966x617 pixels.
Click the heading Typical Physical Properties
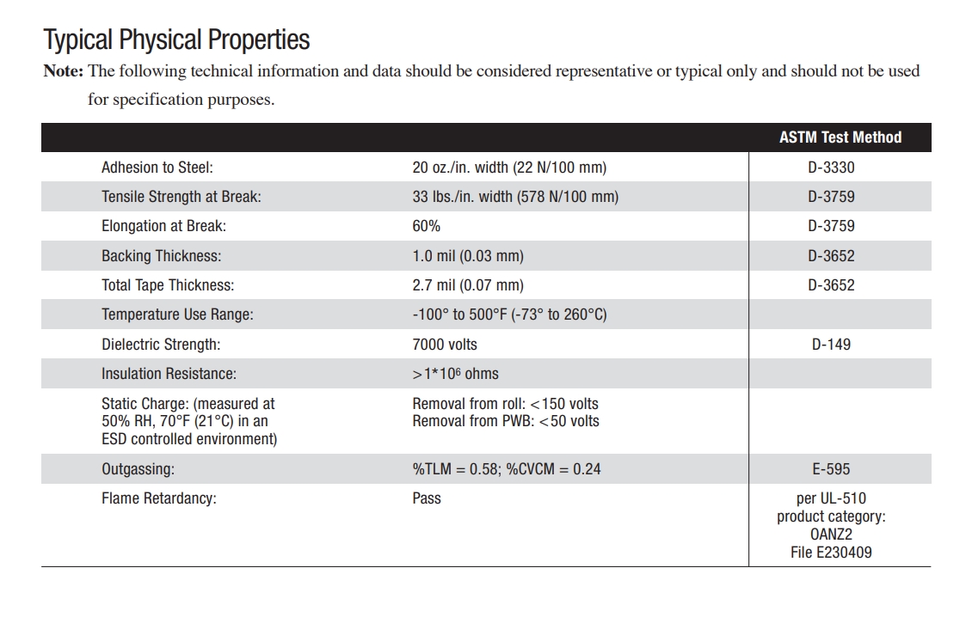coord(176,40)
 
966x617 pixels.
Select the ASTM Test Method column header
coord(840,137)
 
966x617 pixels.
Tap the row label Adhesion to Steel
coord(157,168)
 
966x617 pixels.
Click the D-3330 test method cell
coord(831,168)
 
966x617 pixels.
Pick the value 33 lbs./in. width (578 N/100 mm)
coord(514,197)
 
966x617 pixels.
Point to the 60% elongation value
coord(426,226)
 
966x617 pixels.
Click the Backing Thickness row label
coord(161,256)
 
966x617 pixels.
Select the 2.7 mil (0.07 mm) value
coord(467,285)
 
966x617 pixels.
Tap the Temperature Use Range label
coord(177,315)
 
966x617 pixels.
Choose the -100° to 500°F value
coord(509,315)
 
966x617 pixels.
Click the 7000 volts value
coord(444,345)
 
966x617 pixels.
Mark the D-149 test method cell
coord(831,345)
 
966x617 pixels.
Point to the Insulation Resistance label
coord(169,374)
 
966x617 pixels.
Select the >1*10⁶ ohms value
coord(455,374)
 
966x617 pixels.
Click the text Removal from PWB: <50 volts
coord(506,421)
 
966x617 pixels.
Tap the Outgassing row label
coord(138,469)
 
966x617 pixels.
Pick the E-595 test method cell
coord(831,469)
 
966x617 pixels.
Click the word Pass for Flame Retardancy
coord(426,498)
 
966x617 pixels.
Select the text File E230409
coord(831,553)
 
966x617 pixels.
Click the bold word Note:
coord(63,71)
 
